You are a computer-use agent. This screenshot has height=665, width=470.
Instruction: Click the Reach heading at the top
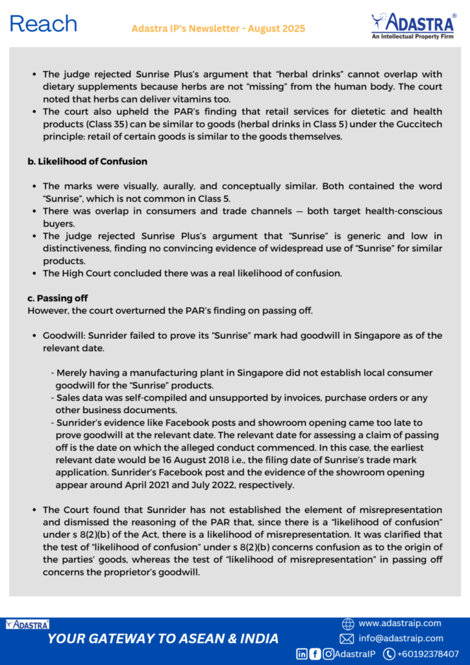(x=43, y=24)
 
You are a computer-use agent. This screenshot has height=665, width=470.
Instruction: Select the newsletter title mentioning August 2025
(x=218, y=29)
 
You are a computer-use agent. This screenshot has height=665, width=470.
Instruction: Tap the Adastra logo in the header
(x=413, y=26)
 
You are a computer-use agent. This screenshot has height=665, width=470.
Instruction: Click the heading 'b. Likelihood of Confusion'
(x=87, y=161)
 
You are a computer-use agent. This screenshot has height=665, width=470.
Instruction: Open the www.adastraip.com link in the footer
(x=399, y=623)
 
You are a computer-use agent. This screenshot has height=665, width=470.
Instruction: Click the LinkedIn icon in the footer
(x=302, y=654)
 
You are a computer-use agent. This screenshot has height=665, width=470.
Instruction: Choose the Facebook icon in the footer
(x=315, y=654)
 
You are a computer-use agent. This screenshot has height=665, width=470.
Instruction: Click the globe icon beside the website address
(x=348, y=623)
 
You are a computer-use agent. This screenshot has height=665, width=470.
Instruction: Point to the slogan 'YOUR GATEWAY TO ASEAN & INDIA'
(x=163, y=638)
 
